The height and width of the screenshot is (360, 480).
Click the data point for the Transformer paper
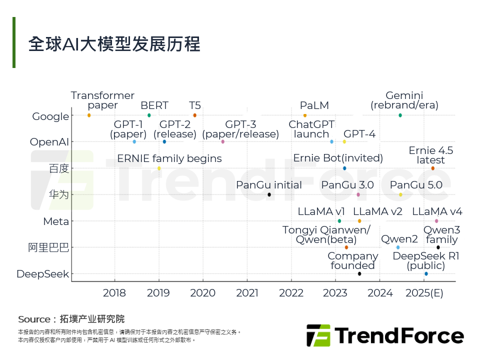tap(89, 115)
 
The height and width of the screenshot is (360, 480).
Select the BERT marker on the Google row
tap(149, 115)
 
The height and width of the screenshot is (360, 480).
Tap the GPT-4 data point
tap(344, 141)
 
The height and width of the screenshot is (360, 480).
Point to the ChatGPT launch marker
tap(331, 141)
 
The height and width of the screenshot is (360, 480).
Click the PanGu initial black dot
tap(269, 194)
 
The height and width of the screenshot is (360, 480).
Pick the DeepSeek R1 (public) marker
tap(426, 273)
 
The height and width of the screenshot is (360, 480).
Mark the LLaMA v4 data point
tap(436, 221)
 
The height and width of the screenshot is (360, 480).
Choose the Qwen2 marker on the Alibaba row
tap(398, 247)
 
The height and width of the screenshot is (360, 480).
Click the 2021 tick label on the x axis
tap(247, 293)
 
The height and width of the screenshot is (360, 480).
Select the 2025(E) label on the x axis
tap(424, 293)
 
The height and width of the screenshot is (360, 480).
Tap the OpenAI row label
tap(49, 142)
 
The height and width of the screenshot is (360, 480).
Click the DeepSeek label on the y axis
tap(43, 274)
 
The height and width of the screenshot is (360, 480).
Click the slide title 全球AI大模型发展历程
tap(114, 44)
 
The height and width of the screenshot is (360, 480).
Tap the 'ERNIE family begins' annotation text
tap(169, 158)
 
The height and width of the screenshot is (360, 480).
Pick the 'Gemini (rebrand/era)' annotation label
tap(404, 100)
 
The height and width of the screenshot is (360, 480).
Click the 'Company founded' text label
tap(353, 260)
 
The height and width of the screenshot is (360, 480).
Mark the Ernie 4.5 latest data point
tap(433, 168)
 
